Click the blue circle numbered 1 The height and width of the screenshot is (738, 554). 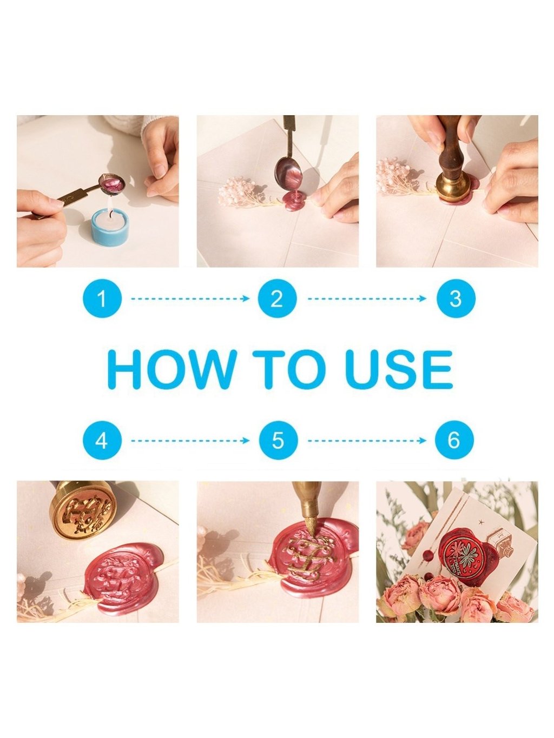tap(102, 298)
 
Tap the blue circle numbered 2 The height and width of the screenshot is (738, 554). tap(277, 298)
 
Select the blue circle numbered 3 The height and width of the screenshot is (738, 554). tap(456, 298)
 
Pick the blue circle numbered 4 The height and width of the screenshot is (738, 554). tap(102, 440)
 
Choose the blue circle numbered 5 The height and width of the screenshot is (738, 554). tap(278, 440)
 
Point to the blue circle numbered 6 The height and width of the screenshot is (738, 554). tap(454, 440)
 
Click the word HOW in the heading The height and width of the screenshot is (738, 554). tap(172, 369)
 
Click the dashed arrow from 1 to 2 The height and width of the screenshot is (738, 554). tap(190, 298)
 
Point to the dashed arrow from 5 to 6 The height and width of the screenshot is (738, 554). tap(367, 441)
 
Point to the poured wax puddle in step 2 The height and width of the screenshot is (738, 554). tap(293, 201)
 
